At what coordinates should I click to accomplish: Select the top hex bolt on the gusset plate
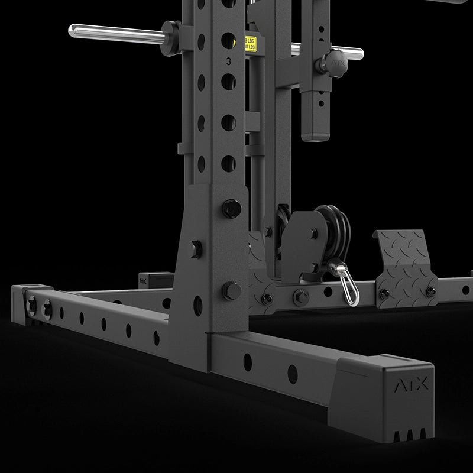231,208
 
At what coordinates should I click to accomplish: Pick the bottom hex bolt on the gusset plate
232,290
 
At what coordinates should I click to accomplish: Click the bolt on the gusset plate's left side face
195,248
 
